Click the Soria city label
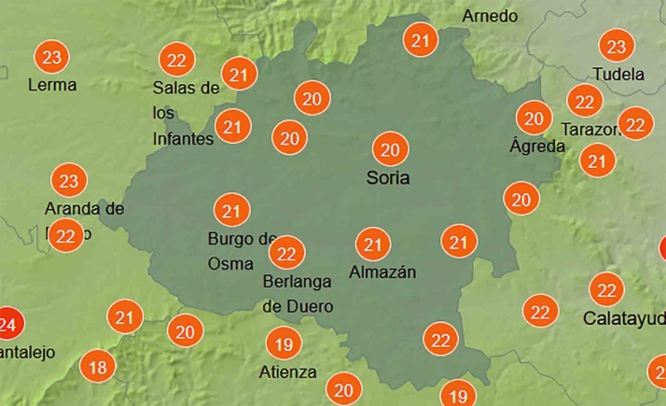[x=388, y=177]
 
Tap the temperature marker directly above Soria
[x=391, y=149]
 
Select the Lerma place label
[x=52, y=85]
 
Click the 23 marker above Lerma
[x=53, y=58]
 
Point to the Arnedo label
[x=490, y=16]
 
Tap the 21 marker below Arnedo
[x=421, y=40]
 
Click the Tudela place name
[x=618, y=74]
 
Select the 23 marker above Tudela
[x=616, y=47]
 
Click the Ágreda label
[x=537, y=146]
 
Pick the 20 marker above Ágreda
[x=534, y=119]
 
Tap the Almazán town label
[x=382, y=273]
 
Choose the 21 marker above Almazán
[x=374, y=245]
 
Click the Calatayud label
[x=622, y=318]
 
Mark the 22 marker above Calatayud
[x=607, y=290]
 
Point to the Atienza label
[x=286, y=372]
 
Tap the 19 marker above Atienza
[x=284, y=345]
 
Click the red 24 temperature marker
[x=8, y=325]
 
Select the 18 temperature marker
[x=97, y=367]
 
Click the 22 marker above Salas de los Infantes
[x=175, y=61]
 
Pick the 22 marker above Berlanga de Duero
[x=287, y=252]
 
